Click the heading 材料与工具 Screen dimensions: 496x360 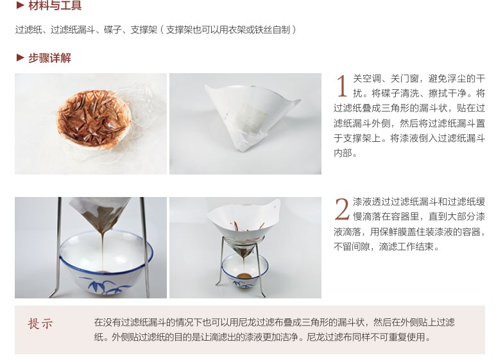click(x=55, y=5)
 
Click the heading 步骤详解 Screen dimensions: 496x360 click(x=49, y=58)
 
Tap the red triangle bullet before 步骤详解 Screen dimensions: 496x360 click(x=21, y=58)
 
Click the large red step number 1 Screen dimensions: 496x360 click(x=341, y=86)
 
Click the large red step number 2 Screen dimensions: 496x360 click(x=342, y=209)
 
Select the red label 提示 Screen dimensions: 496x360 click(x=40, y=323)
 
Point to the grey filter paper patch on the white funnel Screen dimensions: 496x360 click(x=251, y=118)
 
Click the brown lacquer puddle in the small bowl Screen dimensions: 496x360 click(x=244, y=276)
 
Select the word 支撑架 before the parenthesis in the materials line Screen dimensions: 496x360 click(x=144, y=30)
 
